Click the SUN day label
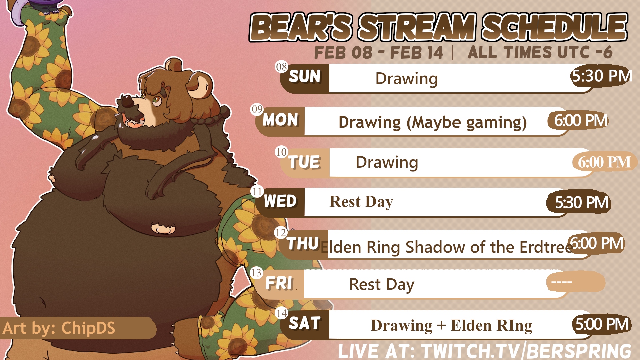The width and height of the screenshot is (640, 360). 305,76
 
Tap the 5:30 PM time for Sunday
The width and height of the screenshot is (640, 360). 602,76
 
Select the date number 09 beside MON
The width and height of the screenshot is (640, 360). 257,109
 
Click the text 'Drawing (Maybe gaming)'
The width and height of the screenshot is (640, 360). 432,122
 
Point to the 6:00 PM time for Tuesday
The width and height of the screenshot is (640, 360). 604,162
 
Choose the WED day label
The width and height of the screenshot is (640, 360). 280,201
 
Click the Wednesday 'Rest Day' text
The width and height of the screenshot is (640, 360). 361,202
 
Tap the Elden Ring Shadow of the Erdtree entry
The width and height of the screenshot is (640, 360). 447,247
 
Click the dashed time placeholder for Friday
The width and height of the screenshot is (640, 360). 562,282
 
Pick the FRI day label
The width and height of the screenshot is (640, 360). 279,283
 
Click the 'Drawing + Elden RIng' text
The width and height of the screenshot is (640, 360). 451,326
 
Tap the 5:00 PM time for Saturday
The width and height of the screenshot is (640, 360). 602,324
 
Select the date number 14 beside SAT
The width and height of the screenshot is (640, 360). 281,313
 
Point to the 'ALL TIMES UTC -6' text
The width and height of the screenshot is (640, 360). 540,52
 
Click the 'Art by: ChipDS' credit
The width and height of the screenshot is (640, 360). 59,328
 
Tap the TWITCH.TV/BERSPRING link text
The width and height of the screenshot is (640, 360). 526,351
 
